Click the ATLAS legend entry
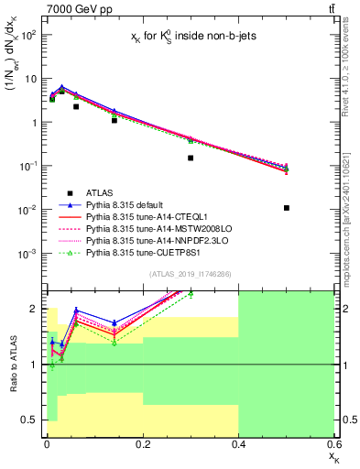[x=101, y=192]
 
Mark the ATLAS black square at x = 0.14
[x=114, y=120]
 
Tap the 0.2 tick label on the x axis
[x=142, y=444]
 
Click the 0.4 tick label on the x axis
[x=238, y=444]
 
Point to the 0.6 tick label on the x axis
[x=333, y=444]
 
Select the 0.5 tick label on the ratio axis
[x=33, y=420]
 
